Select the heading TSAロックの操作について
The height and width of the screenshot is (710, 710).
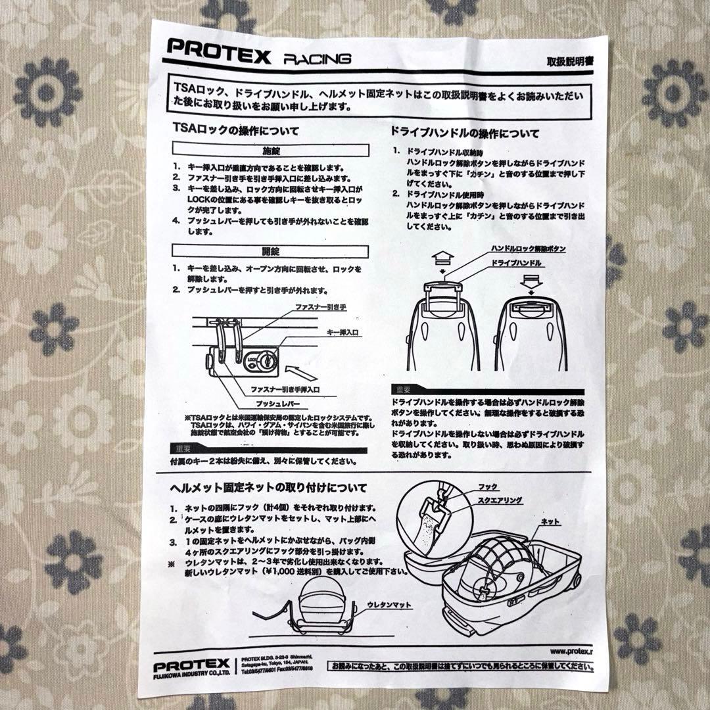pos(235,131)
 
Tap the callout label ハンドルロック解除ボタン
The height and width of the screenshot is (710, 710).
pos(529,249)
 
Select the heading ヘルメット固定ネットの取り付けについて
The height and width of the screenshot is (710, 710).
pos(268,488)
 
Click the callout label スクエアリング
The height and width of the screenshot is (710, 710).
pos(501,500)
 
